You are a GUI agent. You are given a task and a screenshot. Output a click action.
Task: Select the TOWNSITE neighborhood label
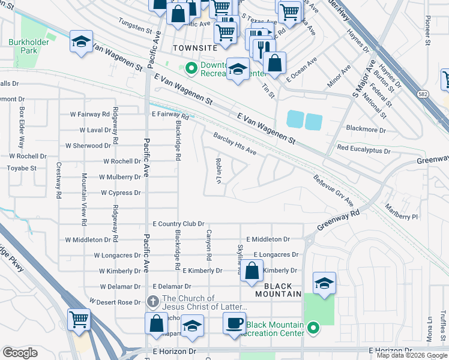[193, 47]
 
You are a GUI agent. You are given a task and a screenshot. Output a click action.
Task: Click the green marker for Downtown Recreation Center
[191, 69]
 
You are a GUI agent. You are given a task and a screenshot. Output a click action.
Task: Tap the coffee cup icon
[235, 323]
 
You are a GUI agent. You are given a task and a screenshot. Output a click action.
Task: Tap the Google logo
[20, 353]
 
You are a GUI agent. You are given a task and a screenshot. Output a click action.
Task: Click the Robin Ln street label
[220, 171]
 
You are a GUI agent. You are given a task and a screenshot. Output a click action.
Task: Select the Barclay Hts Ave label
[235, 144]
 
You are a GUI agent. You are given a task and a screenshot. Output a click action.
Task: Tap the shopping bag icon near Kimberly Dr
[253, 271]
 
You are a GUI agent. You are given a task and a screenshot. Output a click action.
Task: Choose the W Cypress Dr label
[121, 193]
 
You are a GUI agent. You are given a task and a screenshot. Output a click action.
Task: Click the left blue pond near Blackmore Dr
[295, 119]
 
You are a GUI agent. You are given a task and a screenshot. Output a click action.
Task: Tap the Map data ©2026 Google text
[412, 355]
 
